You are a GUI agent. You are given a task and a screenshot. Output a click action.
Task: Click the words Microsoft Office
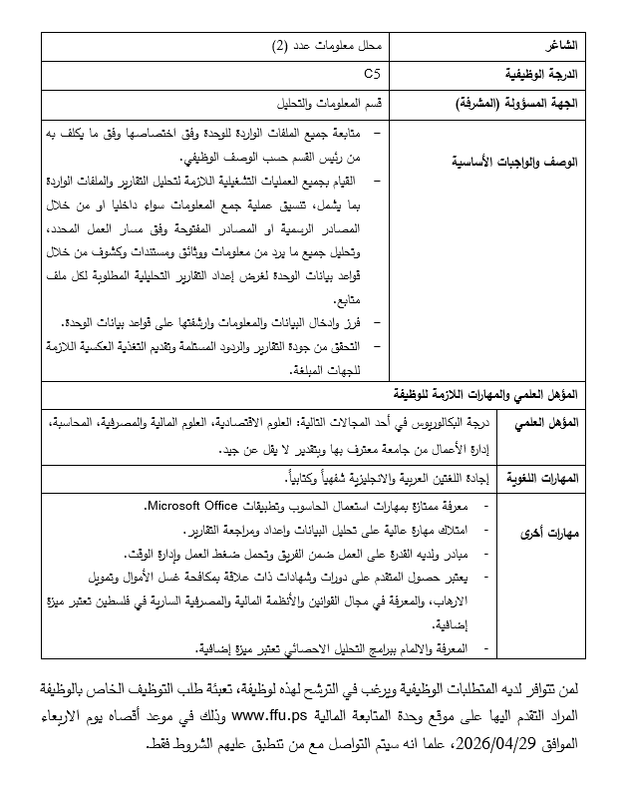click(195, 506)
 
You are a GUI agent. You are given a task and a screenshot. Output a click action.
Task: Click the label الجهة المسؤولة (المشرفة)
click(523, 104)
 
